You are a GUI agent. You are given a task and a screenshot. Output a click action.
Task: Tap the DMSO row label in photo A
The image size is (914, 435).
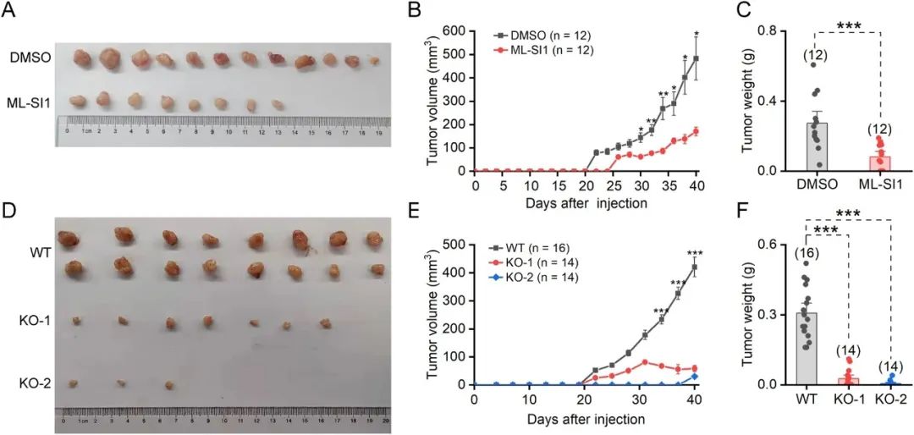pyautogui.click(x=27, y=58)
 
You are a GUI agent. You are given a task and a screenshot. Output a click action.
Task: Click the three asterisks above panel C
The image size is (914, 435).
pyautogui.click(x=847, y=25)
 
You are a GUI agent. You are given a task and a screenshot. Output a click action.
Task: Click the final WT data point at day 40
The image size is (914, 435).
pyautogui.click(x=695, y=267)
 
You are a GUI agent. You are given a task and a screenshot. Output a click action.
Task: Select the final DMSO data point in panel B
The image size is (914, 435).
pyautogui.click(x=696, y=58)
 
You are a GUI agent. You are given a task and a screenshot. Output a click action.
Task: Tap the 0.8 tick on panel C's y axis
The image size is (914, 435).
pyautogui.click(x=766, y=30)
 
